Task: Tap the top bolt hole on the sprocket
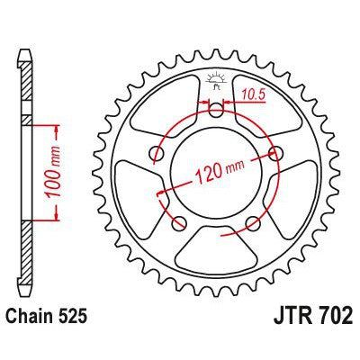click(216, 111)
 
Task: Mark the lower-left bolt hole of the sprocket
click(180, 221)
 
